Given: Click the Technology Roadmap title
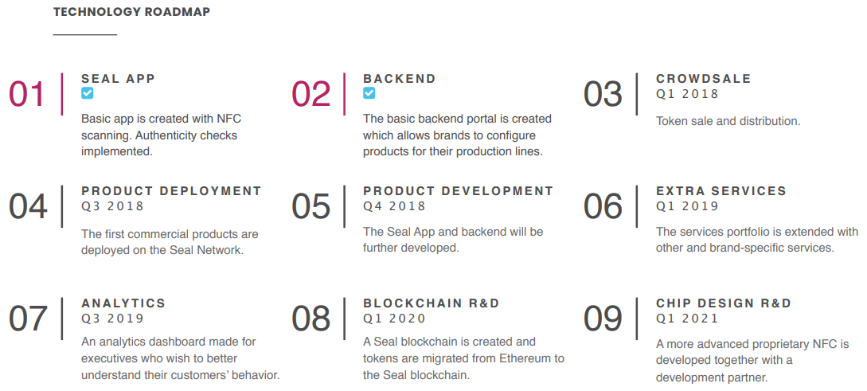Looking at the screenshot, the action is [x=131, y=12].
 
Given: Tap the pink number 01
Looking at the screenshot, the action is [x=26, y=94].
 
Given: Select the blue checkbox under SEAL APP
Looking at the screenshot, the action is [x=88, y=93].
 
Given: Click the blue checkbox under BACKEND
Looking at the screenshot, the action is [x=369, y=93].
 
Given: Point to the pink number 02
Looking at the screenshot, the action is [x=310, y=94].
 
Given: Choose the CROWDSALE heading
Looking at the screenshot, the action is [x=704, y=79].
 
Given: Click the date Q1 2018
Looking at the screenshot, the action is [x=687, y=94].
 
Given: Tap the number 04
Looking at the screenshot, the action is [x=28, y=206].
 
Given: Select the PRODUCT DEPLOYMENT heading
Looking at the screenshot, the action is [x=171, y=191].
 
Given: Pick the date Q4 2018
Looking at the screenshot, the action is [x=394, y=206].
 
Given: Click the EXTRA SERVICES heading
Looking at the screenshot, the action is [x=721, y=191].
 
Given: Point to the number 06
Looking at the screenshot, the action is [x=603, y=206].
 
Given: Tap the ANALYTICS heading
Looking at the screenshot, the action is [x=123, y=303].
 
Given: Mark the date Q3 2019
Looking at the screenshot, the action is [x=112, y=319].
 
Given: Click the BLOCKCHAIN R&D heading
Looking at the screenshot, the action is [x=432, y=303].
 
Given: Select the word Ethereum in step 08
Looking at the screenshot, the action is [x=525, y=358].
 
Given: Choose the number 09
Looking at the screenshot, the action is [x=603, y=319].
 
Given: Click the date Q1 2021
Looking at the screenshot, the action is [x=687, y=319].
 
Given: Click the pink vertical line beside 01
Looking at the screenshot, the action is [x=62, y=94].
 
